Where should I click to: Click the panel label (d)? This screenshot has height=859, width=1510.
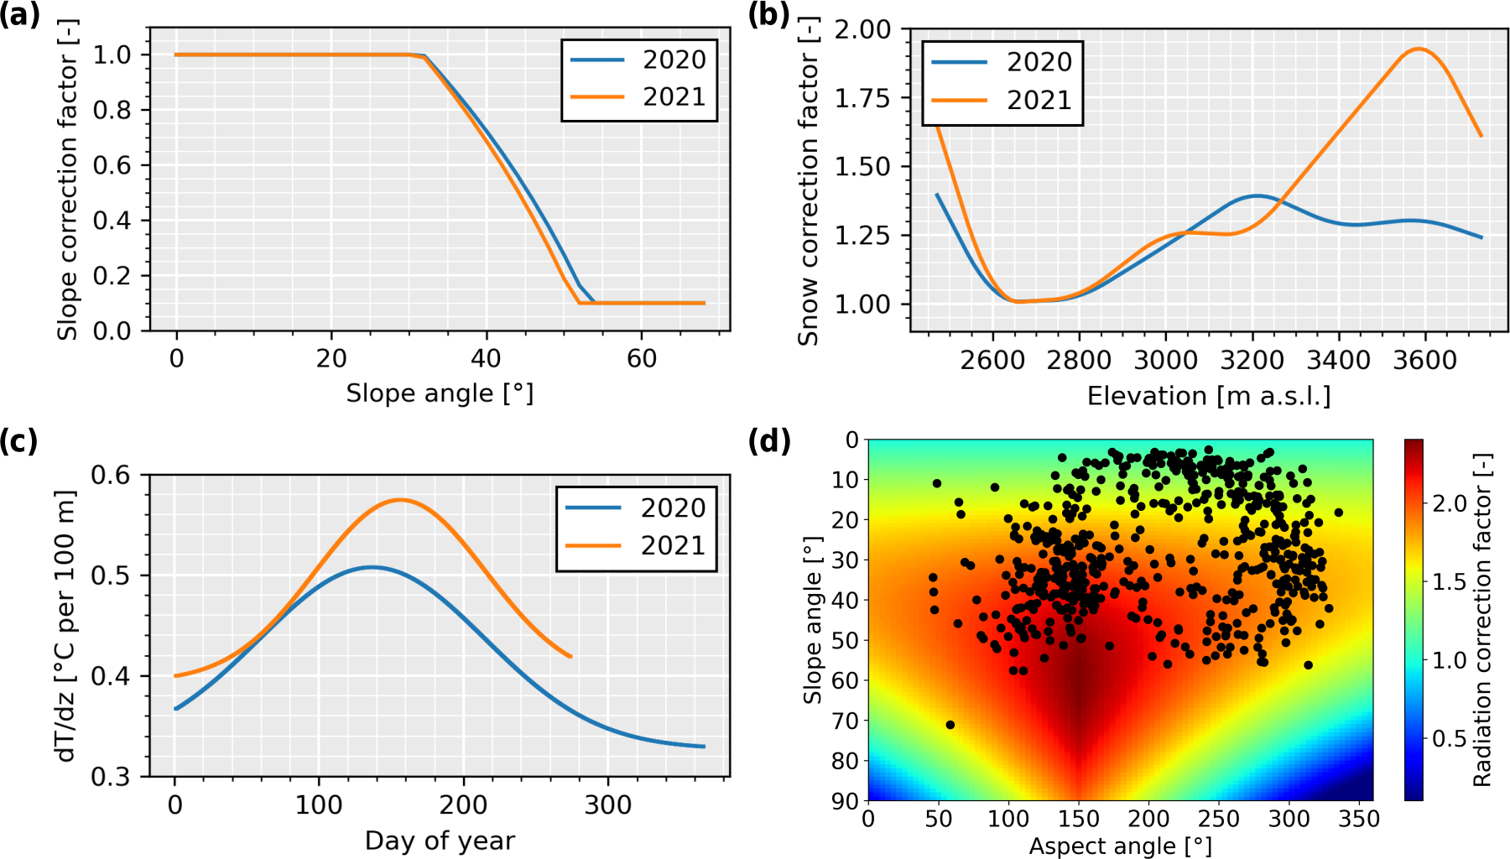769,440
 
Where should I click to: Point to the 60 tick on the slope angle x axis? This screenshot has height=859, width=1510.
642,359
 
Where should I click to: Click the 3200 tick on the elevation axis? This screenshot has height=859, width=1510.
1252,361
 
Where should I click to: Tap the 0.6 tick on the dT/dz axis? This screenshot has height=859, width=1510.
111,476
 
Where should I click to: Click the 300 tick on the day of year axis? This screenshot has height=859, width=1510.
608,805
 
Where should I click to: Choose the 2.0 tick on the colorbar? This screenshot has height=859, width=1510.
1449,503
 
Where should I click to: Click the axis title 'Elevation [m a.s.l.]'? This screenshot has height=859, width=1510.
1209,396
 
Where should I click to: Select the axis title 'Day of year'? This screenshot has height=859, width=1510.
440,841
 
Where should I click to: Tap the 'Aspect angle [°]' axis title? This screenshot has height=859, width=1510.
1120,846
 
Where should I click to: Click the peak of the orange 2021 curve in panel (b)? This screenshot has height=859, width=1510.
1418,49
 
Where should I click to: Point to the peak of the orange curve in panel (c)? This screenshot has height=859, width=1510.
400,500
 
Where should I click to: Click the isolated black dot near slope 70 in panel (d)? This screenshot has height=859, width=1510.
950,725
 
